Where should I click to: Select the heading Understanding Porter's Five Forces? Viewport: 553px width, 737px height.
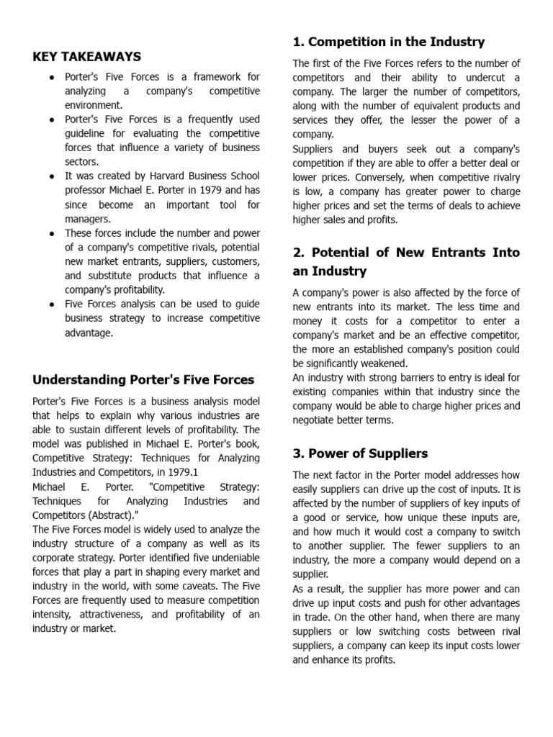(x=143, y=379)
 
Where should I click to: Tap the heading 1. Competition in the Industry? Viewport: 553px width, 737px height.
(x=388, y=41)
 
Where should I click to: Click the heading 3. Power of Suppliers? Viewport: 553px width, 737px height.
(x=360, y=453)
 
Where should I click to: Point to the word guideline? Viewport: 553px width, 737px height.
(x=85, y=133)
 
